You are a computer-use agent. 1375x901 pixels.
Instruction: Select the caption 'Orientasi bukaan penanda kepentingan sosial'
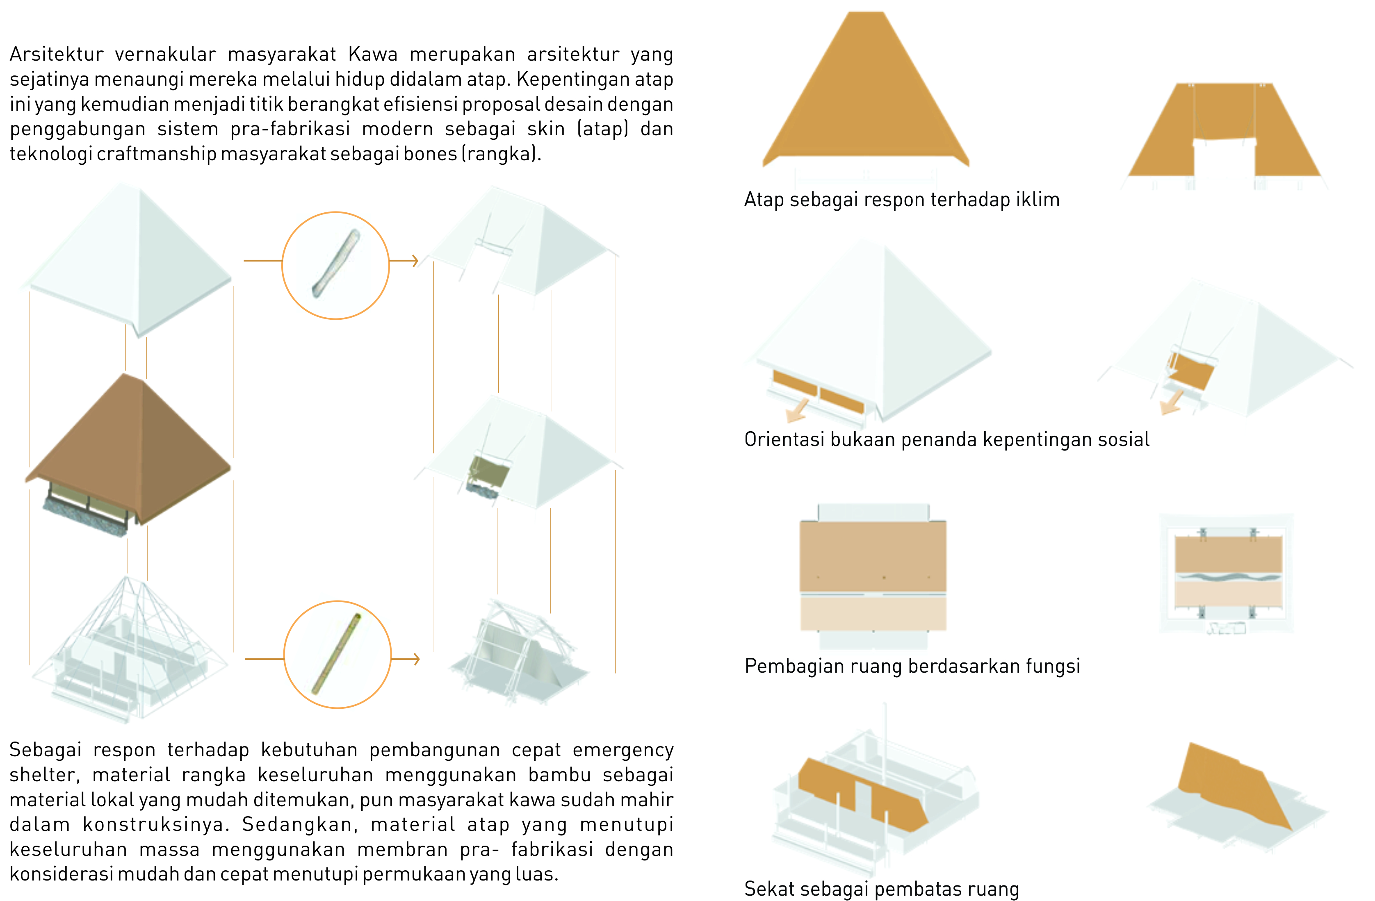pyautogui.click(x=946, y=439)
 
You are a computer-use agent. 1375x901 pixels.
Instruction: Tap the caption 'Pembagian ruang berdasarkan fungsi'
pyautogui.click(x=912, y=667)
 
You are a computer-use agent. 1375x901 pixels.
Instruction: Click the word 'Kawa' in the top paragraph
pyautogui.click(x=373, y=54)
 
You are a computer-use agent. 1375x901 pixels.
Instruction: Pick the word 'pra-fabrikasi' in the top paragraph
pyautogui.click(x=290, y=128)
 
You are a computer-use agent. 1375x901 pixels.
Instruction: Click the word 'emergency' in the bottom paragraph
pyautogui.click(x=623, y=750)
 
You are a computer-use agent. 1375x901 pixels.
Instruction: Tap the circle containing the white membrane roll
pyautogui.click(x=336, y=266)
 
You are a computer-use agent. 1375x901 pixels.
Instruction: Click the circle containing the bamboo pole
pyautogui.click(x=337, y=654)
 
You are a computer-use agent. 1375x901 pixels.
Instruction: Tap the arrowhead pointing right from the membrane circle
pyautogui.click(x=414, y=261)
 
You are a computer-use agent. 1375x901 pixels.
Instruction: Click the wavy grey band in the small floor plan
pyautogui.click(x=1228, y=576)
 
